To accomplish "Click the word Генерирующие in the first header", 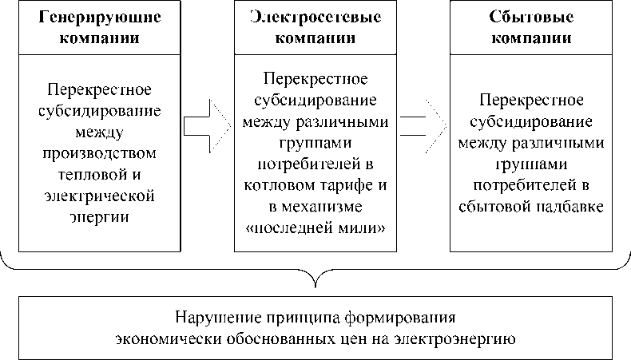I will pos(99,17).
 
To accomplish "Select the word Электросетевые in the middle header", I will pos(315,17).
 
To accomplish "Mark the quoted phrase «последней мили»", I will pos(315,228).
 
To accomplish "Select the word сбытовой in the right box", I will pos(495,207).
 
